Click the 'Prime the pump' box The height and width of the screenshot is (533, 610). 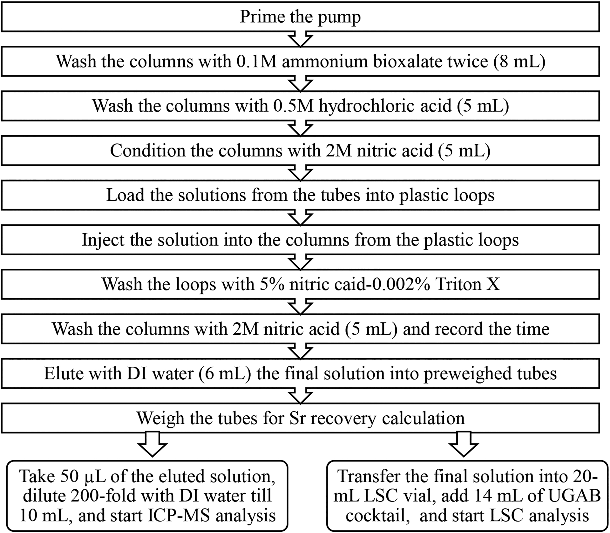(x=300, y=17)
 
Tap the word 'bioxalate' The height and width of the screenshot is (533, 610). (x=430, y=61)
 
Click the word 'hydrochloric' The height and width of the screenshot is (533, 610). (x=385, y=106)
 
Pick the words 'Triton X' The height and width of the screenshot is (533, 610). (x=468, y=284)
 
